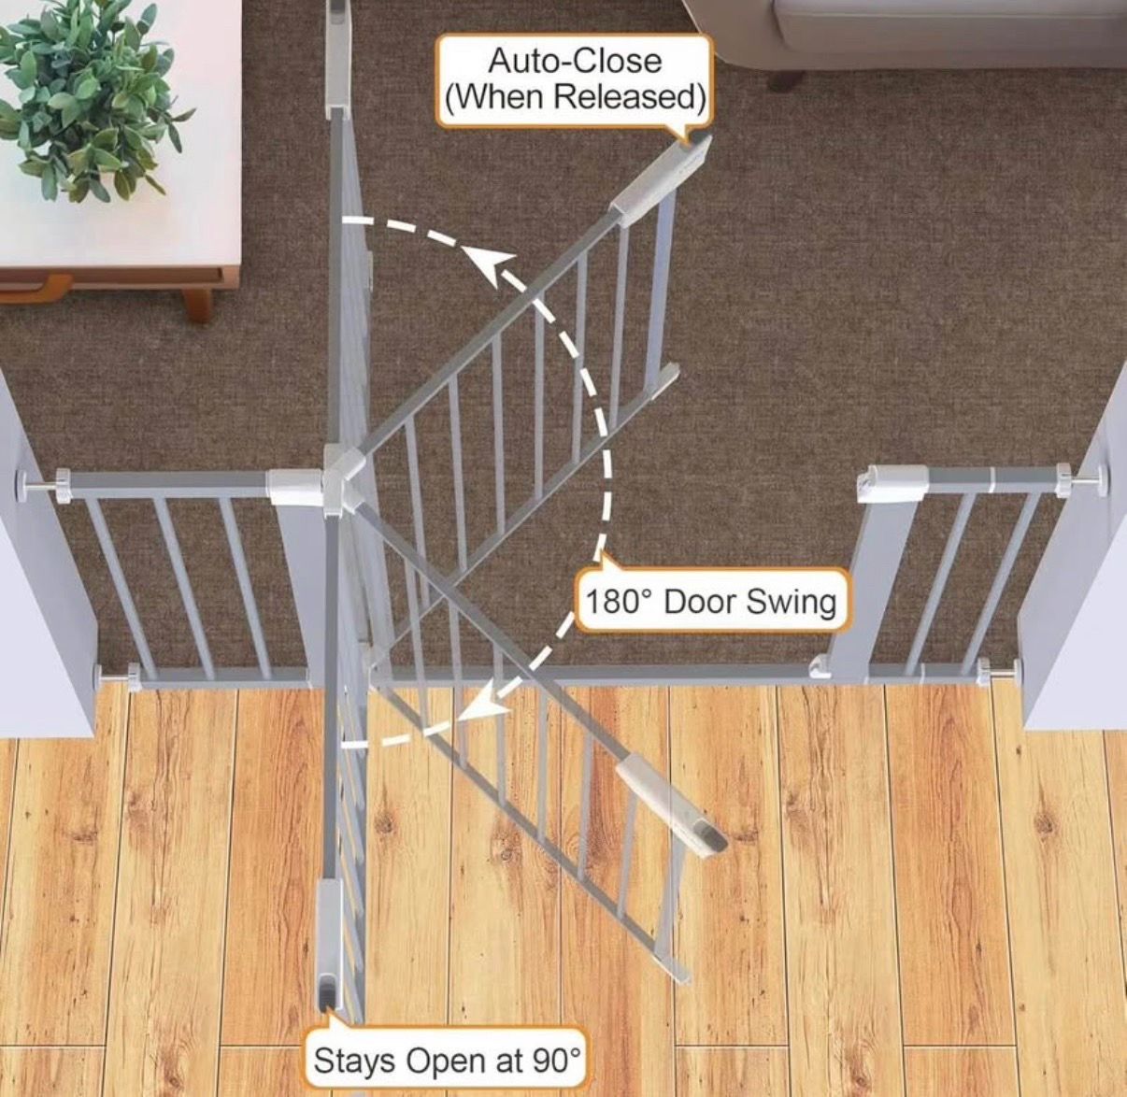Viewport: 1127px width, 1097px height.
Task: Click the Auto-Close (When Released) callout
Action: click(575, 80)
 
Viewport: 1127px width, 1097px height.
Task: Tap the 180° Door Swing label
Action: click(711, 602)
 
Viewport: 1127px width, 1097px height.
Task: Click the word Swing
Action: click(792, 603)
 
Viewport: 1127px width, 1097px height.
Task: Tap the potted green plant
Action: click(87, 98)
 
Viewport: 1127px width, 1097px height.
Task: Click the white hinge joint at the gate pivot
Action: click(344, 481)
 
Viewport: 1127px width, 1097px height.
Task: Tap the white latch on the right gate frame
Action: click(892, 483)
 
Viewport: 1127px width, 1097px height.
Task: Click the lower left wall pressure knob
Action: click(118, 676)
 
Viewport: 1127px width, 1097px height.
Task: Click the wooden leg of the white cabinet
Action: click(197, 303)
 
